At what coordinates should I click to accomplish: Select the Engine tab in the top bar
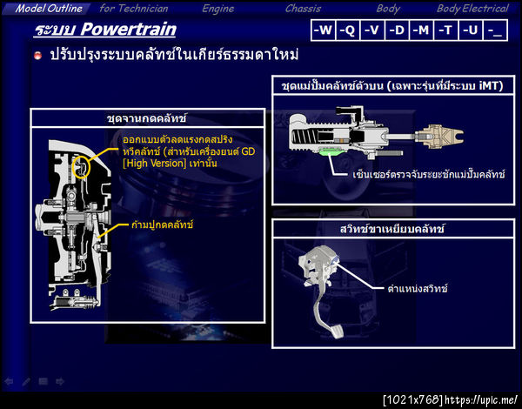click(x=218, y=9)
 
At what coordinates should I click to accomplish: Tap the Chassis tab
click(x=303, y=9)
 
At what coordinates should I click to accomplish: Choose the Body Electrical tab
click(x=472, y=9)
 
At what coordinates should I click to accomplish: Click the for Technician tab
click(x=134, y=9)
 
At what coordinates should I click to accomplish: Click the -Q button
click(x=347, y=30)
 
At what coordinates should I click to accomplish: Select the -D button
click(x=397, y=30)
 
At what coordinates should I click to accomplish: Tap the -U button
click(x=471, y=30)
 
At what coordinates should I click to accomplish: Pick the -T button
click(x=446, y=30)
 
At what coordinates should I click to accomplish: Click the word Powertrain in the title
click(x=128, y=30)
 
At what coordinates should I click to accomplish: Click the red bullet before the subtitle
click(x=38, y=56)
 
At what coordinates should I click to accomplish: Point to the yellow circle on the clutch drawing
click(x=81, y=165)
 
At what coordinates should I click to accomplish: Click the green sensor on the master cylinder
click(x=330, y=151)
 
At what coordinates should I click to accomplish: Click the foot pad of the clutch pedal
click(x=336, y=332)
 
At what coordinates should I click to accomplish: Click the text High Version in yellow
click(x=154, y=164)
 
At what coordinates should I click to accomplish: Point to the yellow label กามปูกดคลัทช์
click(x=162, y=225)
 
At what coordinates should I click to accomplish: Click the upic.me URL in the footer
click(x=481, y=399)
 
